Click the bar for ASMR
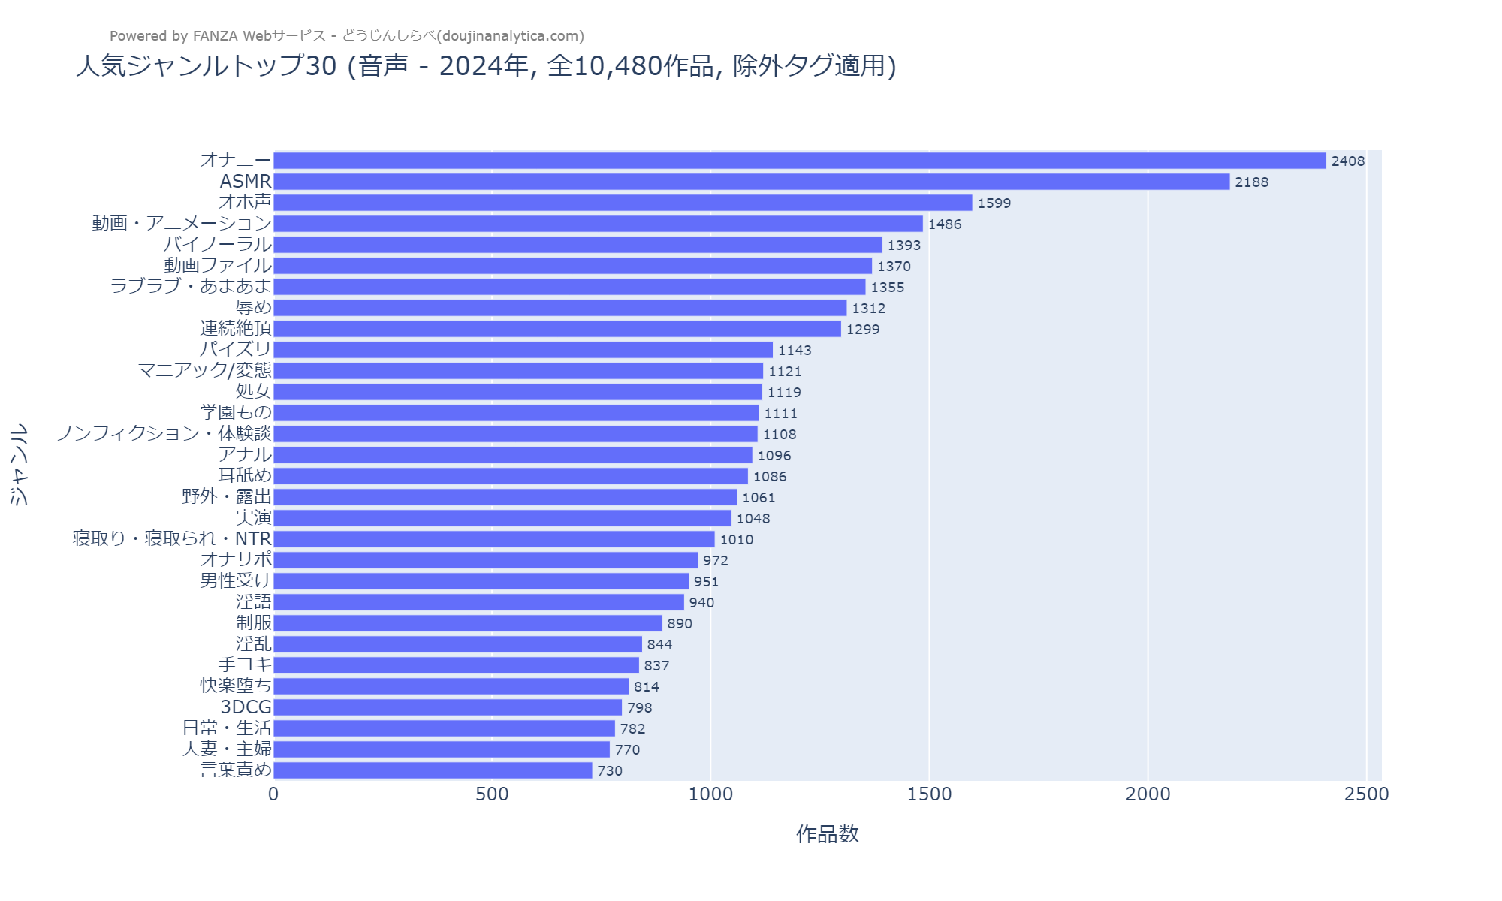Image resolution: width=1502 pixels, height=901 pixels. (751, 182)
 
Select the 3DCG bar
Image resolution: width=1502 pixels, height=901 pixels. (448, 707)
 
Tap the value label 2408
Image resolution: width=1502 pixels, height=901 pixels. (1347, 161)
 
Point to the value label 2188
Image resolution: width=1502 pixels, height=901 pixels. (1251, 182)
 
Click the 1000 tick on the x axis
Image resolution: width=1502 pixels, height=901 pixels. (710, 794)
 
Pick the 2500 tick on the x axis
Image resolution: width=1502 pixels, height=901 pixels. (1366, 794)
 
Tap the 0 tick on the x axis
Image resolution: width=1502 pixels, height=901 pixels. (273, 794)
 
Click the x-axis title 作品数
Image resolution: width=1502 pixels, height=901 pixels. (827, 834)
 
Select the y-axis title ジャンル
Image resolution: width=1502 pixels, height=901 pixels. (19, 464)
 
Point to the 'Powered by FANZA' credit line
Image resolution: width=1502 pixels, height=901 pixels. (346, 36)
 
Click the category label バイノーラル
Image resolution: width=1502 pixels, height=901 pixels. (218, 245)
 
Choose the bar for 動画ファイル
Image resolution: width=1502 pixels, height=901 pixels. (572, 266)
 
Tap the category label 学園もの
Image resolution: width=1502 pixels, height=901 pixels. (236, 413)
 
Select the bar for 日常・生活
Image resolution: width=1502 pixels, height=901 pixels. (444, 728)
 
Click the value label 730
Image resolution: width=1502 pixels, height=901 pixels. (610, 770)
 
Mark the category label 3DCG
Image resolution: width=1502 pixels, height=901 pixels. (246, 707)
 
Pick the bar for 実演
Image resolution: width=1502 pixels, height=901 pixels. (502, 518)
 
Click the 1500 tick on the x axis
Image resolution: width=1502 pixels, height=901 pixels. (929, 794)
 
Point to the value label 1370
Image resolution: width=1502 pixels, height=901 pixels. (894, 266)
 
